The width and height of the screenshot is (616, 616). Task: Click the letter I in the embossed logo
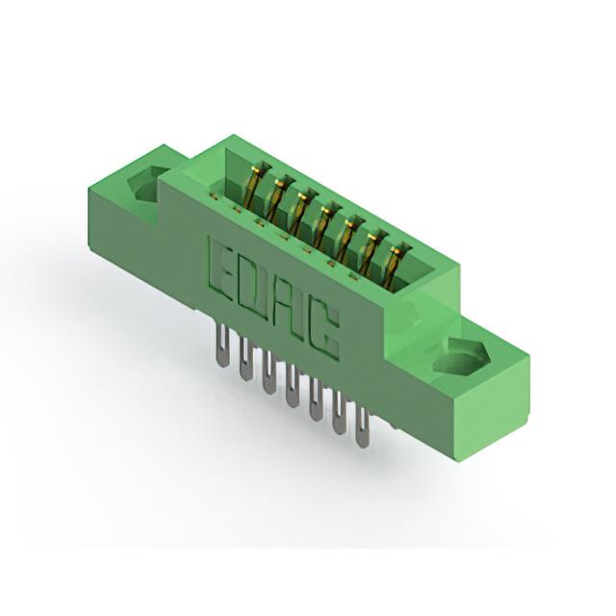[x=303, y=318]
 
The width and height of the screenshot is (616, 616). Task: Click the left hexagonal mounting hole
[x=146, y=182]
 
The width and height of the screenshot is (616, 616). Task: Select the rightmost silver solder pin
[x=362, y=428]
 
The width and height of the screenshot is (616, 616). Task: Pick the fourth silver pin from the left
[x=292, y=386]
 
